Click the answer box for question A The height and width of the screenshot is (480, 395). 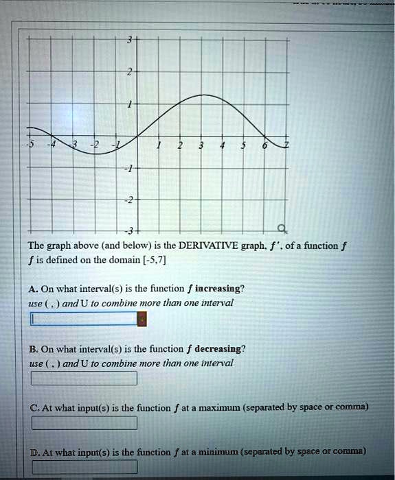click(x=84, y=319)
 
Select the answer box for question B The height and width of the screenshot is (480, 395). click(x=84, y=378)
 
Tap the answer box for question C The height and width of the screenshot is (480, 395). click(x=84, y=423)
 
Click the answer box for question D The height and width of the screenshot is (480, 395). click(x=84, y=468)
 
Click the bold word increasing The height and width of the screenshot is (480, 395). click(x=219, y=288)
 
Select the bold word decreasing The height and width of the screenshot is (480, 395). click(x=220, y=348)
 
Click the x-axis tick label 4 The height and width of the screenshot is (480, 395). click(x=223, y=145)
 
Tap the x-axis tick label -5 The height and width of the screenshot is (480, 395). click(x=30, y=145)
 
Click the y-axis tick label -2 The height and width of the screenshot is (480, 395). click(x=128, y=200)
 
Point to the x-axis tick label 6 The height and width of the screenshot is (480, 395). click(x=264, y=145)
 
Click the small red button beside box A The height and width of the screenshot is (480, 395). click(x=142, y=319)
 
